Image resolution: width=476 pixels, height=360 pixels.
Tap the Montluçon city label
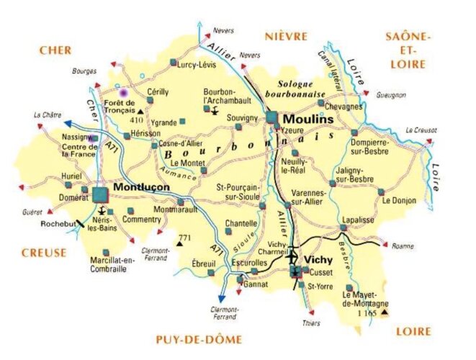(141, 186)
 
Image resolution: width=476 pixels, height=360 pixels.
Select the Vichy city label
(320, 258)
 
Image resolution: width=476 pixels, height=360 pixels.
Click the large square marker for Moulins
(271, 117)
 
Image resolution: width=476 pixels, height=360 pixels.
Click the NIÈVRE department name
(286, 36)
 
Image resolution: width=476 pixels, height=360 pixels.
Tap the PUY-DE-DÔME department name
(199, 339)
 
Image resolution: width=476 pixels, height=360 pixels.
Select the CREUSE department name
(43, 253)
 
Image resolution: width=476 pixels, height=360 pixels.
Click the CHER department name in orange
(55, 50)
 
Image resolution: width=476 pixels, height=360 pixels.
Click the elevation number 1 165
(366, 314)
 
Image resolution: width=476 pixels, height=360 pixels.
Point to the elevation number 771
(186, 238)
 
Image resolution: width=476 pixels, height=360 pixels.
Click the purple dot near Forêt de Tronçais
(123, 92)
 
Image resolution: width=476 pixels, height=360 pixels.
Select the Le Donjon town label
(398, 200)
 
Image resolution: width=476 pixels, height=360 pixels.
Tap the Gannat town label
(256, 284)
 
